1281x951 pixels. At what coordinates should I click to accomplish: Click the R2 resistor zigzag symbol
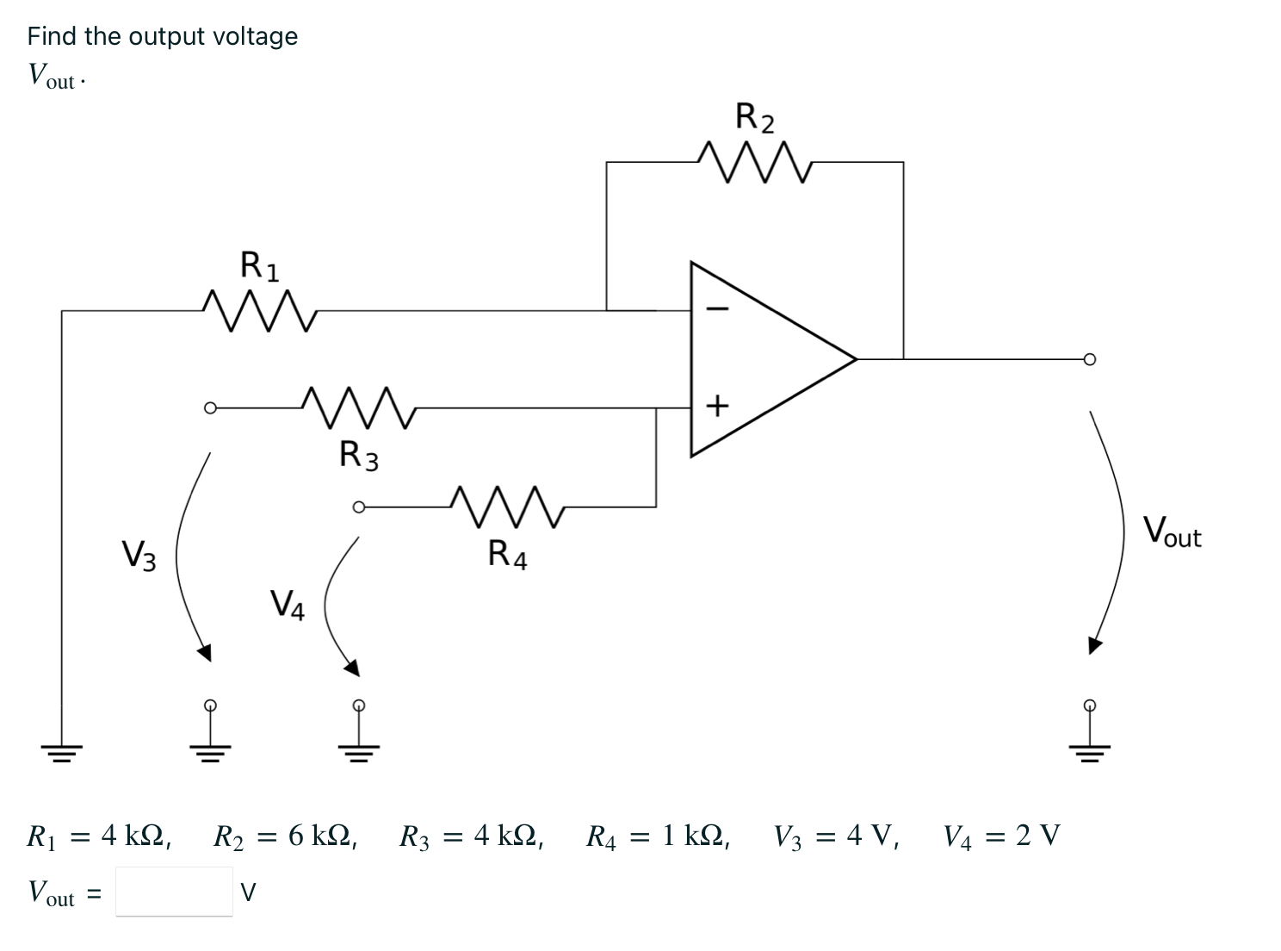point(755,162)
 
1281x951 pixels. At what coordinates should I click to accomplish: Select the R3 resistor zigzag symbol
point(359,407)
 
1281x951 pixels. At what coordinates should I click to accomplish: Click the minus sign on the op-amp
point(719,308)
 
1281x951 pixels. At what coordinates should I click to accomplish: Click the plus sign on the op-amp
point(718,404)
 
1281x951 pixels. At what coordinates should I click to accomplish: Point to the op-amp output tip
point(856,357)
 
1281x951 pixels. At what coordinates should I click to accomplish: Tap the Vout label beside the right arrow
point(1172,531)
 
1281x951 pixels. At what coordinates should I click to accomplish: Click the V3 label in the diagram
point(139,555)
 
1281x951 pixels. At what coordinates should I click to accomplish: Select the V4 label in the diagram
point(288,604)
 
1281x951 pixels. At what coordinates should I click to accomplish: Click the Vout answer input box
point(174,892)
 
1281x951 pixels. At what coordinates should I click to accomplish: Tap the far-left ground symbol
point(61,751)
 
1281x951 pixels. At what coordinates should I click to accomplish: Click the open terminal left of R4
point(359,507)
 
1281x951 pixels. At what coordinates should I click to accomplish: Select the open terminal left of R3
point(209,407)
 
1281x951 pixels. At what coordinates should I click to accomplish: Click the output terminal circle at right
point(1090,358)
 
